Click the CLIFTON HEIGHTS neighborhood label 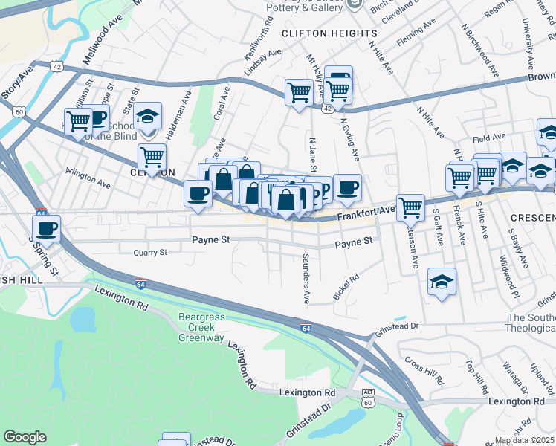pos(329,34)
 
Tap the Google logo pos(25,437)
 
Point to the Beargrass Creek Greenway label pos(201,328)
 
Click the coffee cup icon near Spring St pos(46,227)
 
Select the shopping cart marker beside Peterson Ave pos(410,207)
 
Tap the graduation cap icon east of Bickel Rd pos(442,281)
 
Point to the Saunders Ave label pos(306,279)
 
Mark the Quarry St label pos(149,253)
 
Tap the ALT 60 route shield pos(368,397)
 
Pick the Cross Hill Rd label pos(424,370)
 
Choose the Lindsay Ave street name pos(264,59)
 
